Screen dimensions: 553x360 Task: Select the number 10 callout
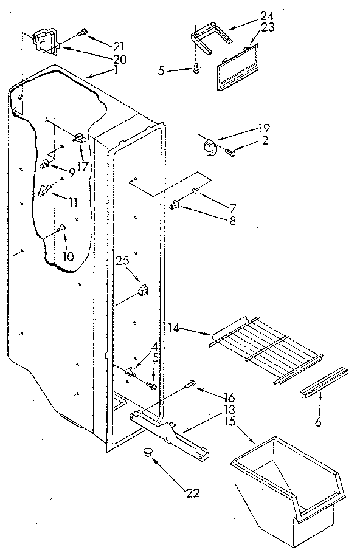pyautogui.click(x=67, y=257)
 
